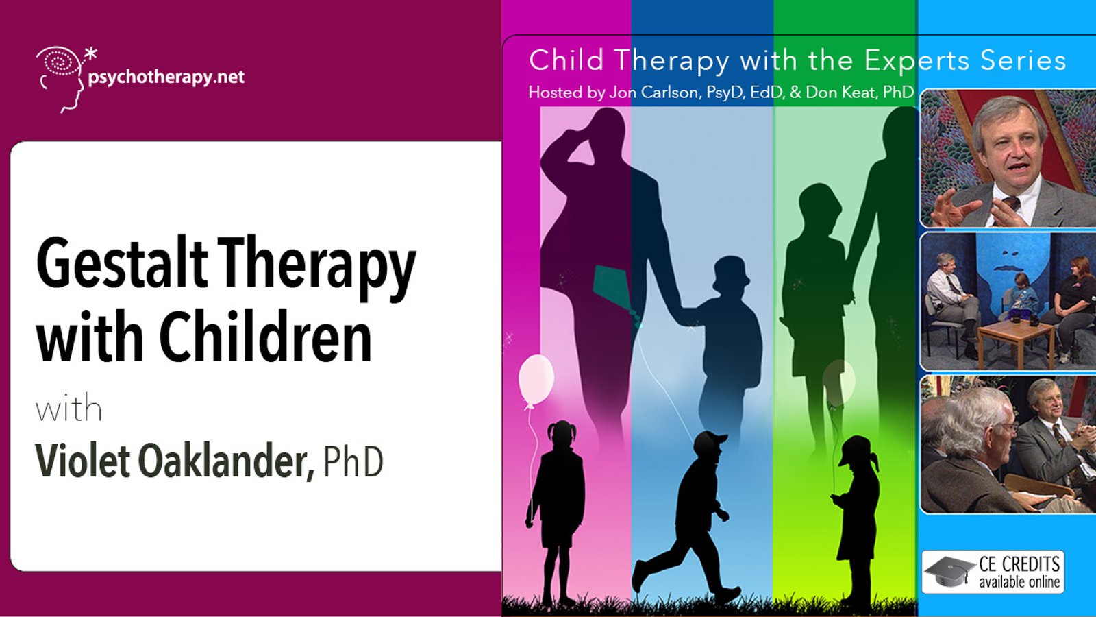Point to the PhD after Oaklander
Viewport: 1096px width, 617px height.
point(353,462)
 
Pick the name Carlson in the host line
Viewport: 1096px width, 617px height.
point(667,92)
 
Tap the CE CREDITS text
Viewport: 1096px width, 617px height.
point(1019,565)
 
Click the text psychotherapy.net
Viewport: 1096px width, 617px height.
point(166,77)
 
